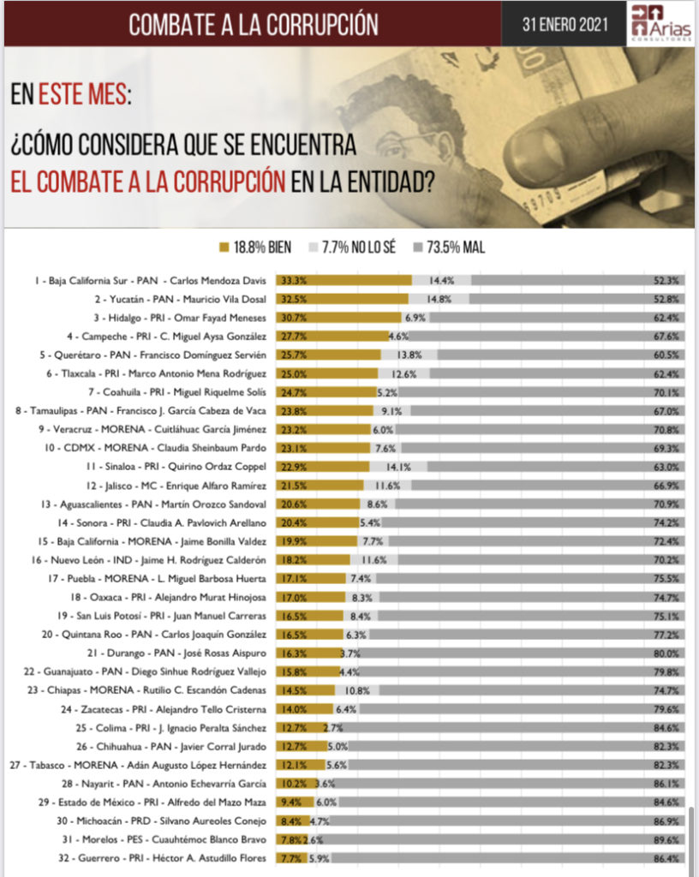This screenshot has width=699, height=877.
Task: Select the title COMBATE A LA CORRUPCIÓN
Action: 253,25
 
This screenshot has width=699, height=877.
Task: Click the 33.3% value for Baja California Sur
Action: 291,280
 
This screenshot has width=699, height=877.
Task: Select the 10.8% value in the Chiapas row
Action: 355,690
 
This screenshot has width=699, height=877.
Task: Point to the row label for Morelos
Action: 159,839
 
